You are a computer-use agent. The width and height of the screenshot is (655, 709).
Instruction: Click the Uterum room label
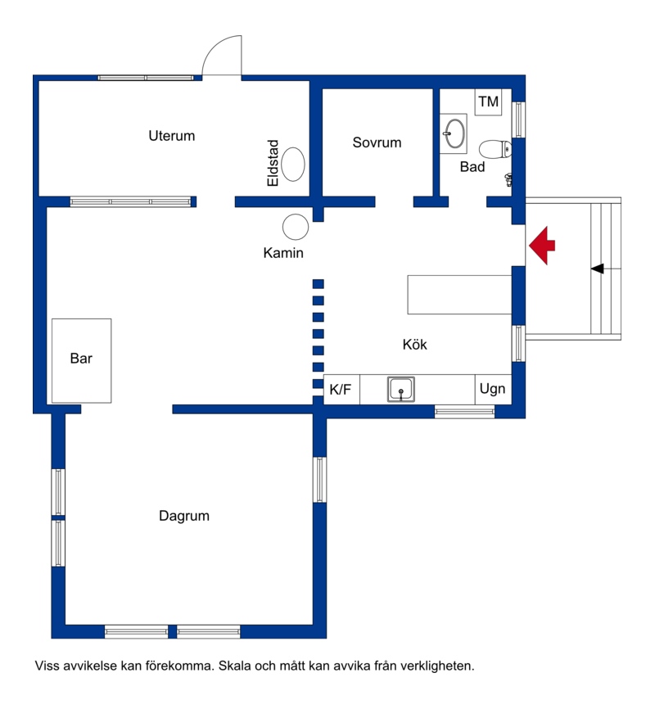coord(171,136)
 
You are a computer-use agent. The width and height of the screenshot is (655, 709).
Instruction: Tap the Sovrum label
coord(377,142)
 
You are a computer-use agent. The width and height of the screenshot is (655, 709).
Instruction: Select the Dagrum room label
coord(184,516)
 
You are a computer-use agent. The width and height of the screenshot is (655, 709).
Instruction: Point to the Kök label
coord(415,345)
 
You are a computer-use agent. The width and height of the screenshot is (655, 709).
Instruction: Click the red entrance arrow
coord(541,246)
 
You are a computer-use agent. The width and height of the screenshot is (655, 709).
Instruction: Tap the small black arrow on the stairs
coord(597,269)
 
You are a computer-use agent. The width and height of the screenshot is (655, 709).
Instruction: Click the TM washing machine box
coord(488,102)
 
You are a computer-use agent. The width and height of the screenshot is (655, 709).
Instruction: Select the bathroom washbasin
coord(454,133)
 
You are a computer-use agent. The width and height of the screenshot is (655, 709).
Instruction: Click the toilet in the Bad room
coord(495,149)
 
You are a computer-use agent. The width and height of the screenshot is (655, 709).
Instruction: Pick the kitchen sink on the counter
coord(401,389)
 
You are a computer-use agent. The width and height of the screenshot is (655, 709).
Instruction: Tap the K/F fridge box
coord(341,390)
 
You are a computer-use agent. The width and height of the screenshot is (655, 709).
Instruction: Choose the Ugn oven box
coord(493,390)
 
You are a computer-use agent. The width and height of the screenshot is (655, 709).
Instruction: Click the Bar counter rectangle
coord(81,360)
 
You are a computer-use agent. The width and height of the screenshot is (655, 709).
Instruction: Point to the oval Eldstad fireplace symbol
coord(293,164)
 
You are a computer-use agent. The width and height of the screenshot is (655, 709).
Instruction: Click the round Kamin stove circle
coord(296,227)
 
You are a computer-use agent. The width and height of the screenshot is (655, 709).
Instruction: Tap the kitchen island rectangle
coord(459,295)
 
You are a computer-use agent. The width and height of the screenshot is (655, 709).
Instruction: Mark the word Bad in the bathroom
coord(472,167)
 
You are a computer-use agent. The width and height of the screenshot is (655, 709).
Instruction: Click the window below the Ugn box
coord(464,412)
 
